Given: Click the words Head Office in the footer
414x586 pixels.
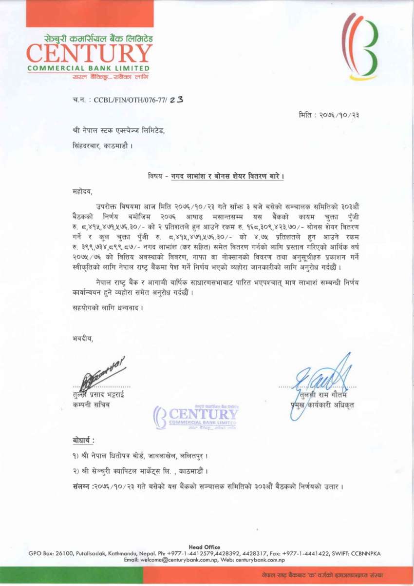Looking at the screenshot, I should point(204,547).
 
